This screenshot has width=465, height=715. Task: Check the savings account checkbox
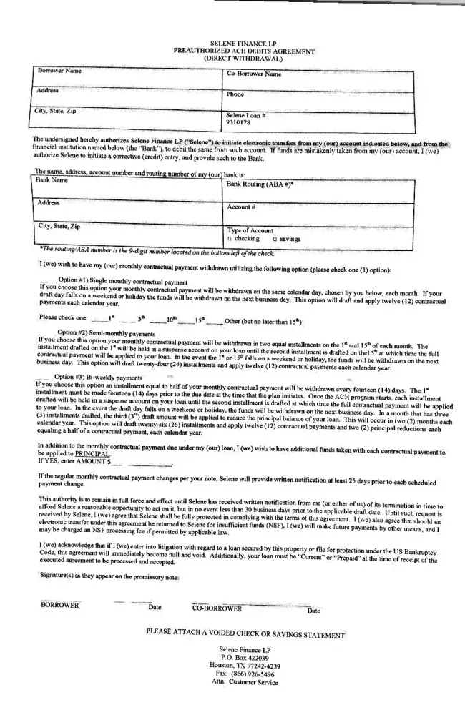pos(275,238)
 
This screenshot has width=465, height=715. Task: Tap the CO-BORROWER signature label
pos(217,608)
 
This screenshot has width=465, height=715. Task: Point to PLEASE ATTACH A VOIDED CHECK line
pos(245,632)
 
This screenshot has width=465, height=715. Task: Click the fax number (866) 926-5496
pos(245,674)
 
